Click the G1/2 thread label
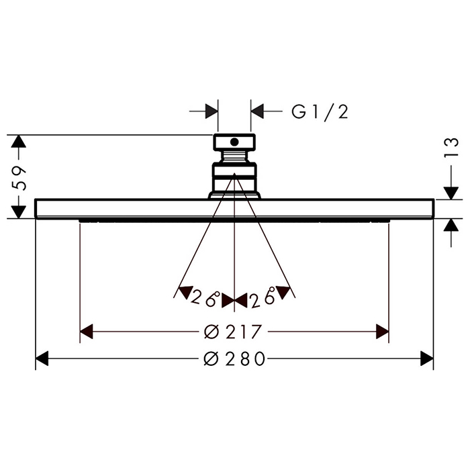[320, 112]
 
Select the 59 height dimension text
[19, 177]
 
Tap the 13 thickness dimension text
[451, 147]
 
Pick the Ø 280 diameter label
[234, 358]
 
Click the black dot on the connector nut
[234, 142]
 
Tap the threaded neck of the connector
[234, 156]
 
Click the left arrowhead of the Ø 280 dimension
[42, 358]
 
